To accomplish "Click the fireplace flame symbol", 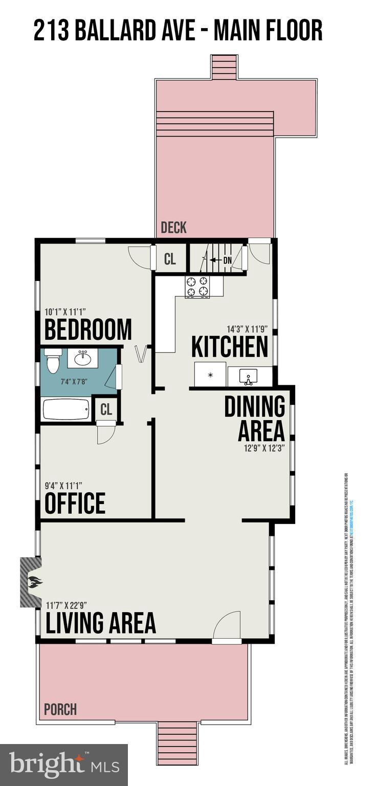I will click(x=34, y=582).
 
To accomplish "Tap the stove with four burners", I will click(x=198, y=287).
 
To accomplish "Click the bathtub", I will click(x=66, y=409).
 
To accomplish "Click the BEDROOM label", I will click(x=88, y=330).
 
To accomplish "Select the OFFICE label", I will click(x=75, y=503).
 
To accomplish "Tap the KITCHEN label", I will click(x=229, y=347).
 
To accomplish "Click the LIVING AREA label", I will click(x=101, y=623).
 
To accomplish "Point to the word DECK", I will click(x=173, y=228).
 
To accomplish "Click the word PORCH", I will click(x=60, y=710).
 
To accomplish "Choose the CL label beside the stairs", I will click(x=170, y=259).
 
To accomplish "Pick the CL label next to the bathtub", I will click(x=106, y=409).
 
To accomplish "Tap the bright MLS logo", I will click(x=64, y=765).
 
